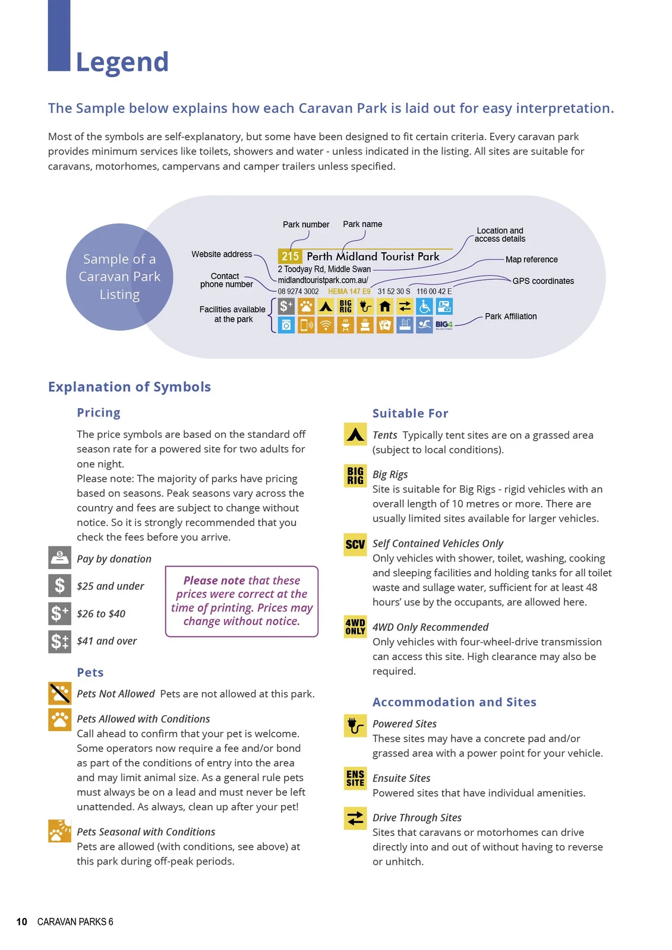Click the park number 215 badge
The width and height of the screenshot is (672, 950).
click(290, 257)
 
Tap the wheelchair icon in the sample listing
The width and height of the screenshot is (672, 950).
click(424, 306)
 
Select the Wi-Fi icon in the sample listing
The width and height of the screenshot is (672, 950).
click(326, 325)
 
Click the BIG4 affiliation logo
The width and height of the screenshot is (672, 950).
click(444, 325)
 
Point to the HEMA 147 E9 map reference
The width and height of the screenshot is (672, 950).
click(349, 291)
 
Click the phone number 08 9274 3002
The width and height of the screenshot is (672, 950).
click(298, 291)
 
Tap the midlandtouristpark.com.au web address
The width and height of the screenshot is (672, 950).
click(323, 280)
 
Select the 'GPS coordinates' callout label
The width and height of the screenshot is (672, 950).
click(543, 281)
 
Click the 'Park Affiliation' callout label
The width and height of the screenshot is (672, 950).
click(510, 316)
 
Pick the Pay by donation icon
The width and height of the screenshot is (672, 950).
click(59, 557)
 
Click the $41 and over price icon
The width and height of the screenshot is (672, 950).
click(59, 641)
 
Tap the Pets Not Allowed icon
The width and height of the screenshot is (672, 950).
click(59, 693)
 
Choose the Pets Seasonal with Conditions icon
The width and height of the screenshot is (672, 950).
click(59, 831)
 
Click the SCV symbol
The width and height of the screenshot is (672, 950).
click(355, 544)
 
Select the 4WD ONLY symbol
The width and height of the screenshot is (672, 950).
click(355, 627)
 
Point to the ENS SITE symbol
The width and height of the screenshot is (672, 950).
click(355, 778)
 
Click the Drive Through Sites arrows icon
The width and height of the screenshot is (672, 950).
click(355, 818)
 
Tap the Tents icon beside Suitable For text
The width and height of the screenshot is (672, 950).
click(355, 434)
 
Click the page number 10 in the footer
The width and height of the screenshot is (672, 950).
click(22, 921)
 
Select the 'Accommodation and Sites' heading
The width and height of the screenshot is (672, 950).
click(454, 702)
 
